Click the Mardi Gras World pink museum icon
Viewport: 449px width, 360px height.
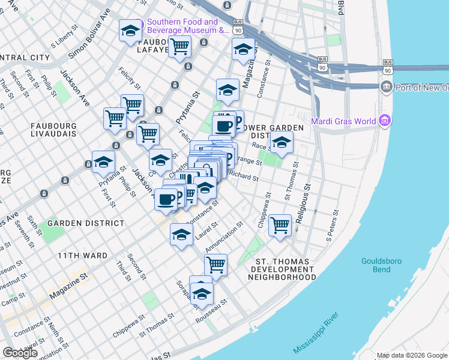(385, 122)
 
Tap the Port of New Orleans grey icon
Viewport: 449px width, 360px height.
(386, 88)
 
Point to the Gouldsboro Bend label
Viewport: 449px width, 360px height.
(381, 265)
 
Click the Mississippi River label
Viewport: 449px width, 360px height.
(316, 332)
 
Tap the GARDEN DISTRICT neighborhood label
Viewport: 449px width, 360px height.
(86, 223)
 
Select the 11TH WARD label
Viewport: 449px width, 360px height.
(82, 256)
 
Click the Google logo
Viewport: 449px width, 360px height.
(20, 353)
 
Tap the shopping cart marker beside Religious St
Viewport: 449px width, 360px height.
(280, 226)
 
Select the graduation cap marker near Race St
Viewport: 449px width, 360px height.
(282, 142)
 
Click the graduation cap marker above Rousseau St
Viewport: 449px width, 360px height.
(202, 295)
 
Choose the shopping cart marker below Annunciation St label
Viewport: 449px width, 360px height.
(215, 264)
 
